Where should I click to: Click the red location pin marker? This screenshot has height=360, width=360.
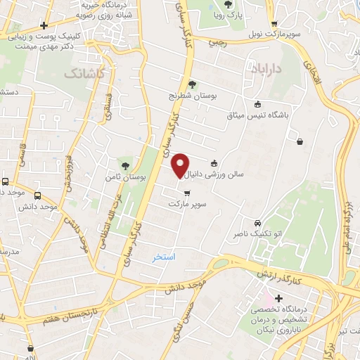180,165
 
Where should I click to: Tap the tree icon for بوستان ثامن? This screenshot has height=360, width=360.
125,166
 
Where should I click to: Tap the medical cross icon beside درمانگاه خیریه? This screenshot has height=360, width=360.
44,26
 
